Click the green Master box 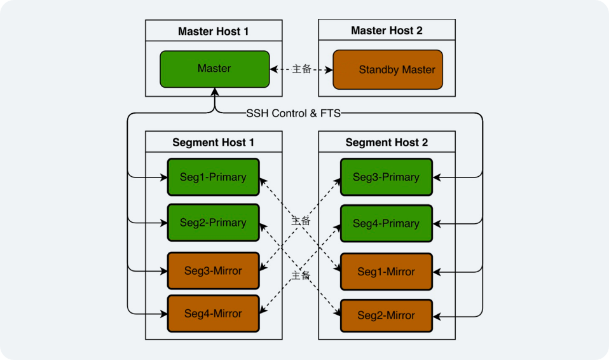click(x=214, y=69)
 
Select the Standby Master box click(x=387, y=69)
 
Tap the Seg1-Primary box click(x=213, y=177)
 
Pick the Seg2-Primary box click(x=213, y=223)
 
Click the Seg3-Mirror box click(x=213, y=271)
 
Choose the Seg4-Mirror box click(x=213, y=314)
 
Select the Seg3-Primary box click(x=386, y=177)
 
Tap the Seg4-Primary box click(x=386, y=223)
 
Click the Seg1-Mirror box click(x=386, y=272)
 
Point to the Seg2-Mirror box click(x=386, y=315)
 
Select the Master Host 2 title click(x=387, y=31)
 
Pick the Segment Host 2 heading click(x=387, y=142)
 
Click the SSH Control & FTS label click(x=293, y=113)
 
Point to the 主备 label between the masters click(x=301, y=69)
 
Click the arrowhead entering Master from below click(x=215, y=92)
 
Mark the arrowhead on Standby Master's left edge click(x=329, y=69)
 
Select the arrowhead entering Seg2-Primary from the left click(x=163, y=223)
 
